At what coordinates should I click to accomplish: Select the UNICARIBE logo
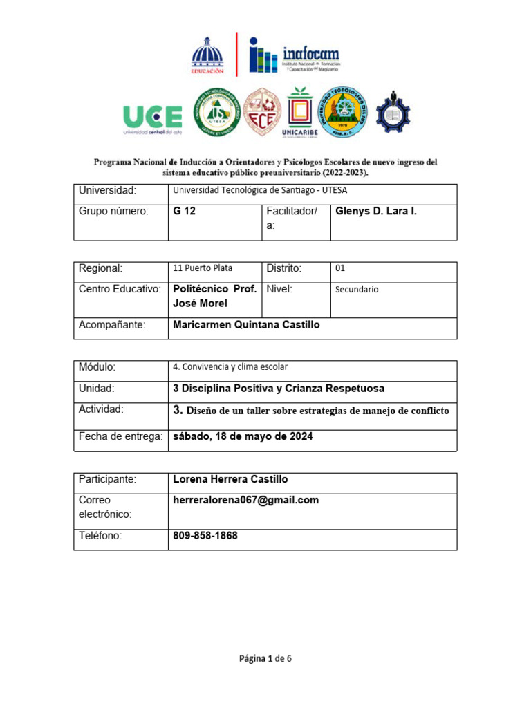[x=299, y=114]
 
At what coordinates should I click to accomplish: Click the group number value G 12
[x=185, y=212]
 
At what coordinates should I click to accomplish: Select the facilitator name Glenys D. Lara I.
[x=376, y=212]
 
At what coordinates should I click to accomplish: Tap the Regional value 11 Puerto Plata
[x=203, y=268]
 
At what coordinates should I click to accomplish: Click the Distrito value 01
[x=340, y=268]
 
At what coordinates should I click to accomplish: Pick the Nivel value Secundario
[x=357, y=290]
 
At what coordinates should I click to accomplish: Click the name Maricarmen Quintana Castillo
[x=246, y=324]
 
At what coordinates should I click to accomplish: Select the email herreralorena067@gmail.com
[x=245, y=500]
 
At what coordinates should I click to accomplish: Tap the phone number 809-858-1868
[x=205, y=536]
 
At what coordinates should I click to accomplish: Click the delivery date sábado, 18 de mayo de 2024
[x=243, y=436]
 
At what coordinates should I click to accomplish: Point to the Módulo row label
[x=97, y=367]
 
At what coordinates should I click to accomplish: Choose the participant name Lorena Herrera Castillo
[x=230, y=479]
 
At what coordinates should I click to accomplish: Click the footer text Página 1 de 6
[x=265, y=658]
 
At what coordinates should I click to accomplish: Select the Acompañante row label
[x=112, y=325]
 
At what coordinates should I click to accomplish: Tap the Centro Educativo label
[x=120, y=289]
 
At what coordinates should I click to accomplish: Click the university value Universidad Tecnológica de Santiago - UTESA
[x=265, y=191]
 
